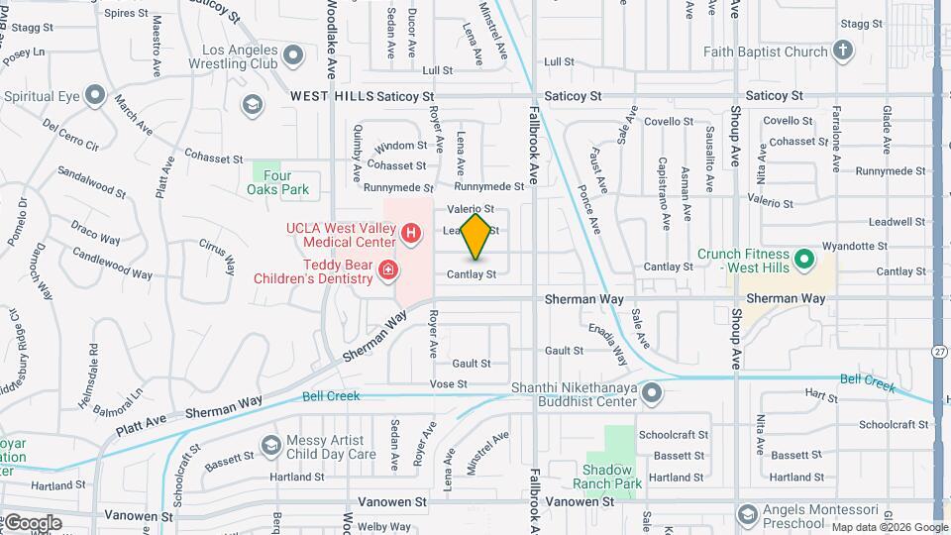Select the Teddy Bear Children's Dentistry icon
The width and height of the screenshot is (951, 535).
[x=389, y=269]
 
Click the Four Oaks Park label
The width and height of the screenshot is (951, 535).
[x=278, y=182]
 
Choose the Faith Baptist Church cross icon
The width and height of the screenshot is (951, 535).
[x=843, y=51]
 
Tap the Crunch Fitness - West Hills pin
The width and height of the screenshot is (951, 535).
[x=805, y=261]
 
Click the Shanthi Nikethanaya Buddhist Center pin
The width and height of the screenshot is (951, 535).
[x=651, y=394]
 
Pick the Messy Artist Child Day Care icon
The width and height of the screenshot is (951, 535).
[x=270, y=446]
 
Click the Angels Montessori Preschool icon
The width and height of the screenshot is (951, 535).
[x=748, y=512]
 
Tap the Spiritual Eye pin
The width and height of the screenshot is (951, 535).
[x=95, y=96]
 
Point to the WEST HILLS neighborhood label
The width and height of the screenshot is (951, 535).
[x=332, y=96]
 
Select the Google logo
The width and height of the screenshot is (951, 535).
[x=32, y=523]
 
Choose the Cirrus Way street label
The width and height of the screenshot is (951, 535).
[x=217, y=256]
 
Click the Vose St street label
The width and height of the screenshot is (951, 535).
[x=448, y=383]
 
